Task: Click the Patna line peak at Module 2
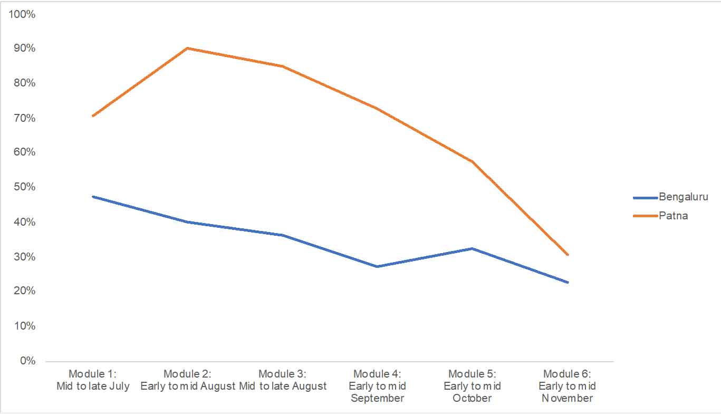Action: (187, 48)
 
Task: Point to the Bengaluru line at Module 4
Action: (377, 266)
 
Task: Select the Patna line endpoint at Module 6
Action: (568, 255)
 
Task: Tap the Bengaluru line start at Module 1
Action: (92, 196)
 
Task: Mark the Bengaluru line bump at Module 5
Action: (472, 248)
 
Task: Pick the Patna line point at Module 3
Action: (282, 66)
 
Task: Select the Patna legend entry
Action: (673, 215)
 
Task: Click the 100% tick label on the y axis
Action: (22, 14)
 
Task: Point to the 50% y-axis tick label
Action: (24, 187)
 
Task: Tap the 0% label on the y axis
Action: (27, 361)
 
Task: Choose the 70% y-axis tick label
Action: (24, 118)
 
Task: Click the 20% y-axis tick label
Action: (24, 291)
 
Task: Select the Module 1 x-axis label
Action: (92, 380)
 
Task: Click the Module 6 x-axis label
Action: (567, 386)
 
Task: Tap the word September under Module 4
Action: (377, 398)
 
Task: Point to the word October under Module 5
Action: (472, 398)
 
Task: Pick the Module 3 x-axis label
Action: (282, 380)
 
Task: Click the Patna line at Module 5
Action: (472, 161)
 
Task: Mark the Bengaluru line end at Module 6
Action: (568, 282)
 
